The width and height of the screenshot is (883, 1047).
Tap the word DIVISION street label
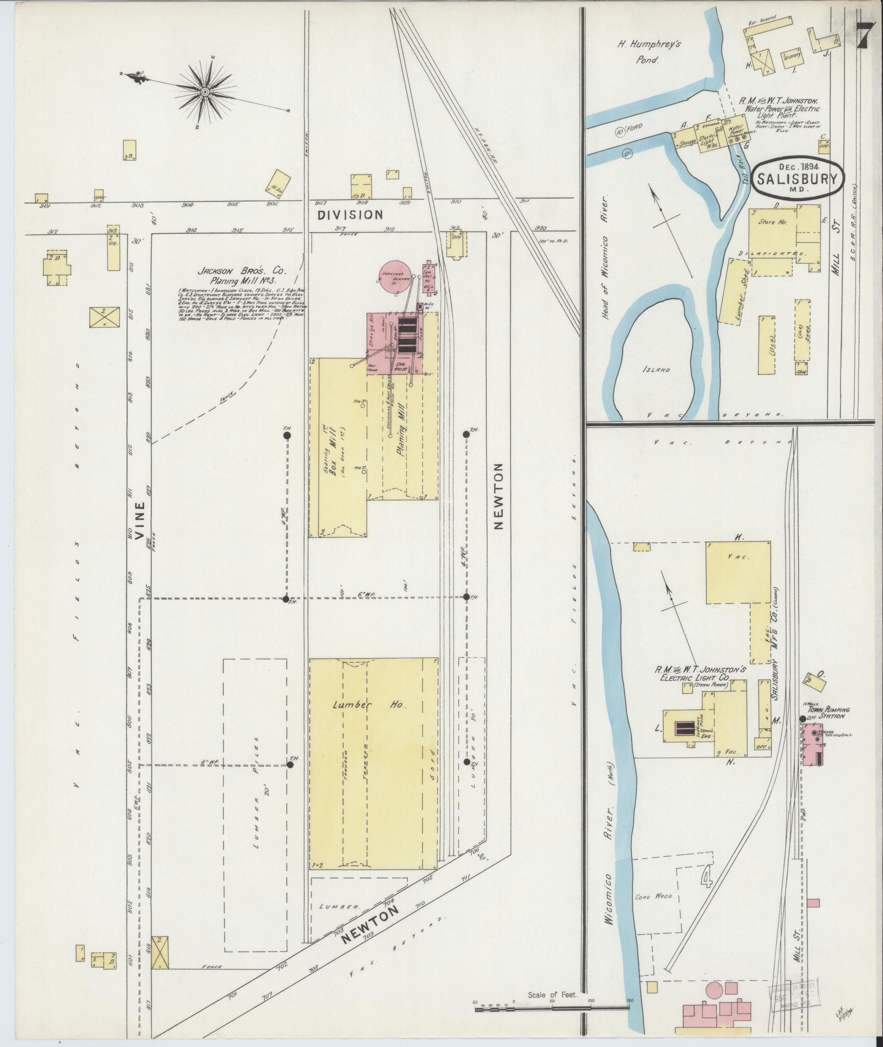[350, 215]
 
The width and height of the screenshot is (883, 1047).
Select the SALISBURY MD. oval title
[797, 178]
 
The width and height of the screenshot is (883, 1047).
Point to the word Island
[657, 369]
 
